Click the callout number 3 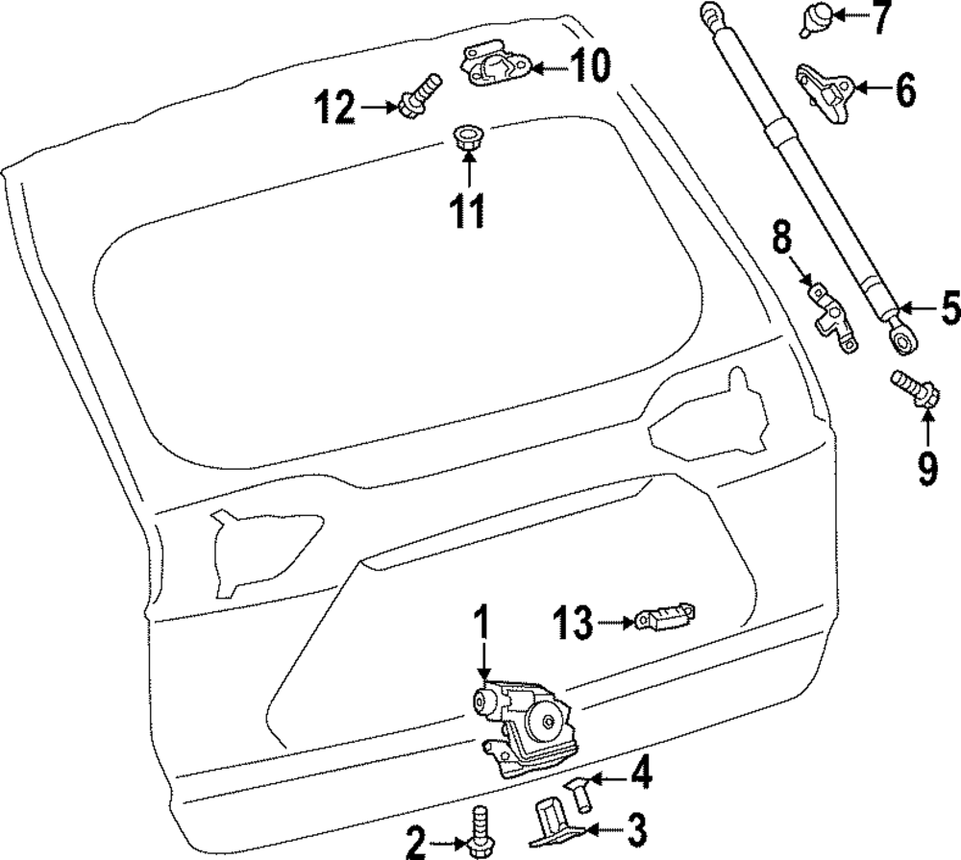point(636,824)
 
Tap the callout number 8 point(781,237)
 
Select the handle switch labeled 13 point(666,618)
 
